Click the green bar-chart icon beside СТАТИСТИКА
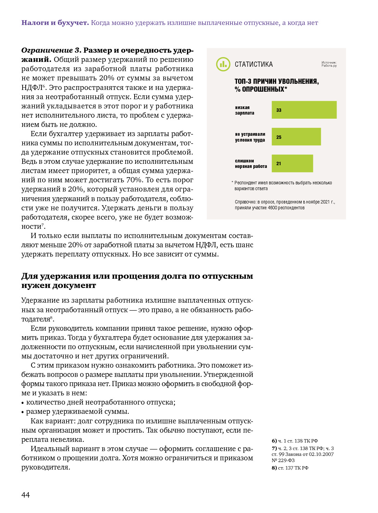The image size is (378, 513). tap(223, 64)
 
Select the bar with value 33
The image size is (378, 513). tap(304, 110)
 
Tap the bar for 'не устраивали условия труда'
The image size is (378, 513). tap(296, 137)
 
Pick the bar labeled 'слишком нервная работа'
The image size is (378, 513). tap(292, 163)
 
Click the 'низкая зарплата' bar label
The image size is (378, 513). tap(244, 110)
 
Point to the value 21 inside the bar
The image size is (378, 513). tap(279, 164)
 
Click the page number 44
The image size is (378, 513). tap(26, 495)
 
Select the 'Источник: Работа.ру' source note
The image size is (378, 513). tap(329, 64)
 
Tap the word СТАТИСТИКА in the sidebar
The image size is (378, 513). tap(254, 64)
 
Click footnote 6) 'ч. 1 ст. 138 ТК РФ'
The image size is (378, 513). tap(295, 441)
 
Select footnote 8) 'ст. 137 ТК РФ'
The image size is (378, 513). tap(290, 468)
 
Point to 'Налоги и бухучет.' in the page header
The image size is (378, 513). tap(55, 23)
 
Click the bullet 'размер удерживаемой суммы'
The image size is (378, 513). tap(77, 411)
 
